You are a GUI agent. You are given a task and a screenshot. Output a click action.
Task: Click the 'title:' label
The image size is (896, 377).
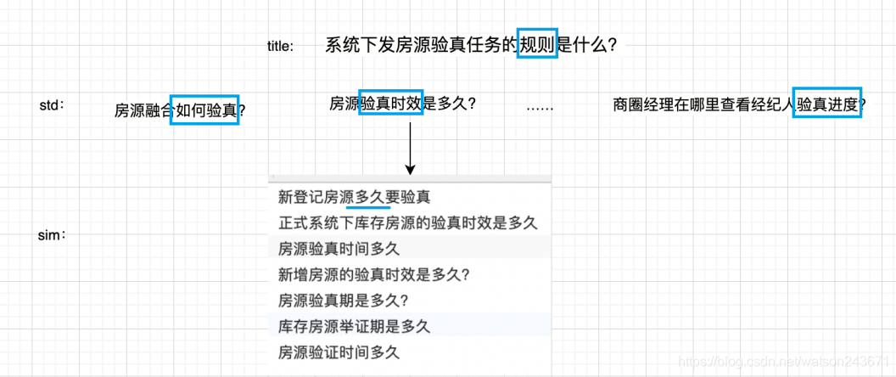[280, 47]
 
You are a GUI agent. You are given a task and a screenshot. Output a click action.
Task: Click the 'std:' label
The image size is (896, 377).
[52, 105]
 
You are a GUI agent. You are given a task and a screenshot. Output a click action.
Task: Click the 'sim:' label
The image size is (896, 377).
[52, 235]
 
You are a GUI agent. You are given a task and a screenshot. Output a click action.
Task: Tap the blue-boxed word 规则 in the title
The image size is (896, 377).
[538, 45]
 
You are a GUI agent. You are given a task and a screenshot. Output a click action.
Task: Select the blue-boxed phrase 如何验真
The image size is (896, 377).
[204, 110]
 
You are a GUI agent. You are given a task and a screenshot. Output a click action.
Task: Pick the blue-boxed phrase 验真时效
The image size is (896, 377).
[391, 104]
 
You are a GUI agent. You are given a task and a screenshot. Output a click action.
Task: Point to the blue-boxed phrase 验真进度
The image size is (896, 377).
[827, 104]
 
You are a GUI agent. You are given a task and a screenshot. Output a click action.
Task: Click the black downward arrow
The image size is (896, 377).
[411, 148]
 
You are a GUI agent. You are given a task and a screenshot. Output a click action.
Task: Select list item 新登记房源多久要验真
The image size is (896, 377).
[355, 198]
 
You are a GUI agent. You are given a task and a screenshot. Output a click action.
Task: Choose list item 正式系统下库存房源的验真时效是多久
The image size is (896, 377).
[408, 223]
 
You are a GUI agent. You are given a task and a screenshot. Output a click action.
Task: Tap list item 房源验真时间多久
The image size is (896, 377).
[339, 249]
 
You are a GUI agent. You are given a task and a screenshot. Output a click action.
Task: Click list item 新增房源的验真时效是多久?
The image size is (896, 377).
[374, 274]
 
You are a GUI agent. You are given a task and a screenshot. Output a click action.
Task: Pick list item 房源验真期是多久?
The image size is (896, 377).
[344, 301]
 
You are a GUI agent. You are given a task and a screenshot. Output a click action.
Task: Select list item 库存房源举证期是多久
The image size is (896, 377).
[355, 326]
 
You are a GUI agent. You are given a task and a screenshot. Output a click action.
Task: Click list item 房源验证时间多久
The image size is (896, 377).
[339, 352]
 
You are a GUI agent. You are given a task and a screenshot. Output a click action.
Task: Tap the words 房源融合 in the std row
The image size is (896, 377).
[143, 110]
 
